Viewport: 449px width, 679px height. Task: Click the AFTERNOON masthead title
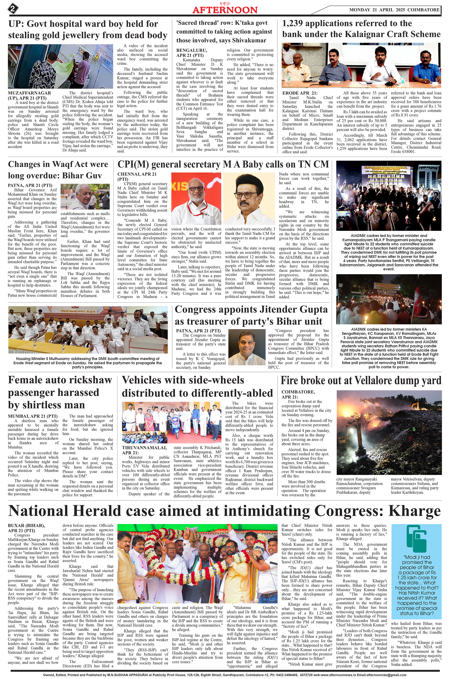pos(225,10)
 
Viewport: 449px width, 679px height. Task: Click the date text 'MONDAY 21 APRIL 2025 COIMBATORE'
pos(394,10)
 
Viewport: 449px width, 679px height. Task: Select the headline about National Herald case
pos(224,511)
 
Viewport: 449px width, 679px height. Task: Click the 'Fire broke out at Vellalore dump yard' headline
pos(361,380)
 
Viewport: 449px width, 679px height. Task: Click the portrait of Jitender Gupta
pos(247,347)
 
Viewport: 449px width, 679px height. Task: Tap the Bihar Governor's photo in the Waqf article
pos(85,196)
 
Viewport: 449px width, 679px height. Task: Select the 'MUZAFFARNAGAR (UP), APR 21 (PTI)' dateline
pos(29,95)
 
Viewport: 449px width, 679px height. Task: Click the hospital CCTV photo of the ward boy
pos(61,66)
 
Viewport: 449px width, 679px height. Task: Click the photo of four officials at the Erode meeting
pos(361,65)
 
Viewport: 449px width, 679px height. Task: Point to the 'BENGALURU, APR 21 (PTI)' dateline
pos(191,53)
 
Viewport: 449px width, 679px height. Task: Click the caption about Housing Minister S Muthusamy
pos(88,363)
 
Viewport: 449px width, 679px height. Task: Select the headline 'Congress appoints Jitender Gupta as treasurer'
pos(251,315)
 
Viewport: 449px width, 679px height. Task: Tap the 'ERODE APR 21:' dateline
pos(300,93)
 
